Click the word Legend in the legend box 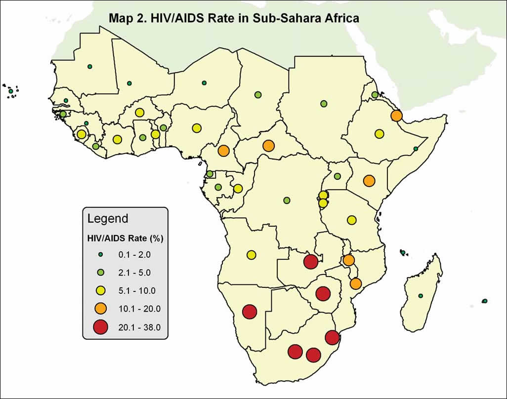click(108, 218)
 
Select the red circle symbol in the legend click(101, 326)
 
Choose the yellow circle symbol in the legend click(101, 290)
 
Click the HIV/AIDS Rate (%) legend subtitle click(126, 238)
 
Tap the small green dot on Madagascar click(421, 296)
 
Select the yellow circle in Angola click(251, 255)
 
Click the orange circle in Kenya click(369, 181)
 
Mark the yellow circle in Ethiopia click(379, 133)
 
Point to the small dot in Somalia click(416, 149)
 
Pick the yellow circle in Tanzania click(351, 220)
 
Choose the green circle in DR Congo click(287, 200)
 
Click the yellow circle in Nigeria click(197, 128)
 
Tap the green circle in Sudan click(324, 104)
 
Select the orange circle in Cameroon click(223, 150)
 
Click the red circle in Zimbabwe click(323, 294)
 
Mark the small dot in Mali click(129, 83)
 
